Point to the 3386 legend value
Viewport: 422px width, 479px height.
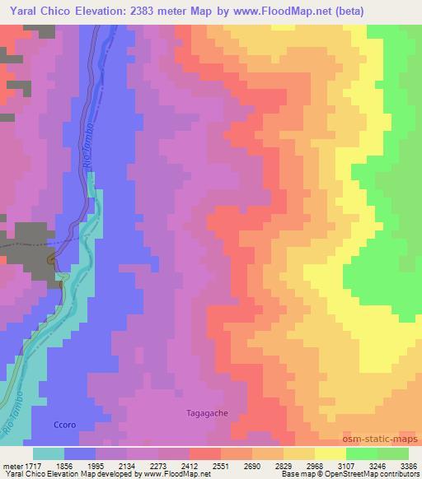[x=409, y=466]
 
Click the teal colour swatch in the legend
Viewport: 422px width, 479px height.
[x=49, y=453]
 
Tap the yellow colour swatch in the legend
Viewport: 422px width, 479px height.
[x=330, y=453]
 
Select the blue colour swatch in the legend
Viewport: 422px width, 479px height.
[x=80, y=453]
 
